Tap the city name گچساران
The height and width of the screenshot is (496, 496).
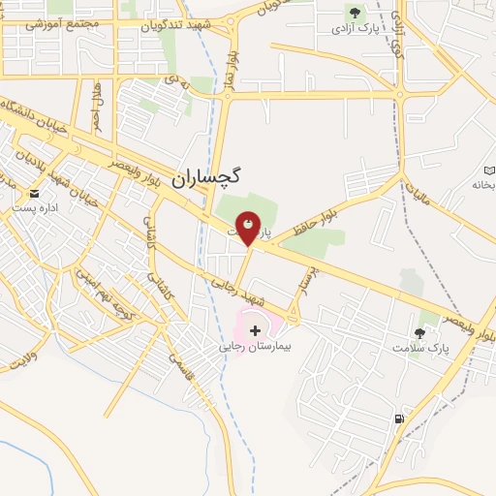coord(208,178)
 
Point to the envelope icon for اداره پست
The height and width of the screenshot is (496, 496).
coord(34,193)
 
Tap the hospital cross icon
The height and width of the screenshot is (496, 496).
coord(255,330)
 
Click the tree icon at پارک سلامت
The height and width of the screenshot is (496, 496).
coord(419,332)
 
